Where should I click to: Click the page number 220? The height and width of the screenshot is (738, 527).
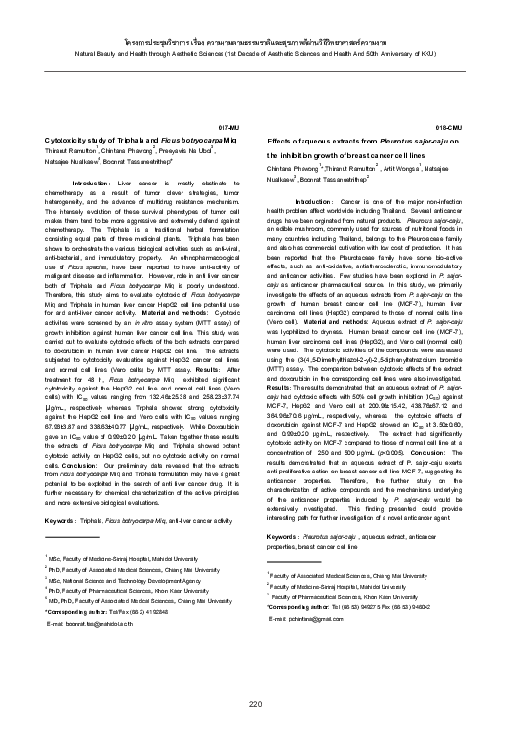[x=257, y=705]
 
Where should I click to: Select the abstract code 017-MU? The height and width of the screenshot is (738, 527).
[x=227, y=128]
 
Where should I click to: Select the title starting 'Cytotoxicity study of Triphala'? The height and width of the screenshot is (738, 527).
[x=141, y=142]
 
